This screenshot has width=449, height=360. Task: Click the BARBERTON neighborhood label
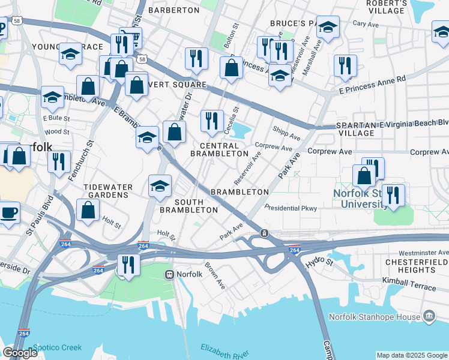tap(173, 10)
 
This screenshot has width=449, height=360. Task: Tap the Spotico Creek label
tap(56, 347)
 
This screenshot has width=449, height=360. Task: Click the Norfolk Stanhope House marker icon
tap(429, 316)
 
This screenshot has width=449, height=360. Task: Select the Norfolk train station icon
tap(170, 274)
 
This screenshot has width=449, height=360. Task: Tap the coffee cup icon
tap(8, 212)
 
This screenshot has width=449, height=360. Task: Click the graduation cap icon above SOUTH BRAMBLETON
tap(160, 185)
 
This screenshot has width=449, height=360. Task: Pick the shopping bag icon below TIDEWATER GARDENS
tap(88, 211)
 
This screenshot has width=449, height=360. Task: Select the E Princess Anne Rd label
tap(372, 83)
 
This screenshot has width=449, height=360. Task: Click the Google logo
tap(20, 353)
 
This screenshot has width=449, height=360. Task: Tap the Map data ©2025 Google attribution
tap(411, 355)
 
